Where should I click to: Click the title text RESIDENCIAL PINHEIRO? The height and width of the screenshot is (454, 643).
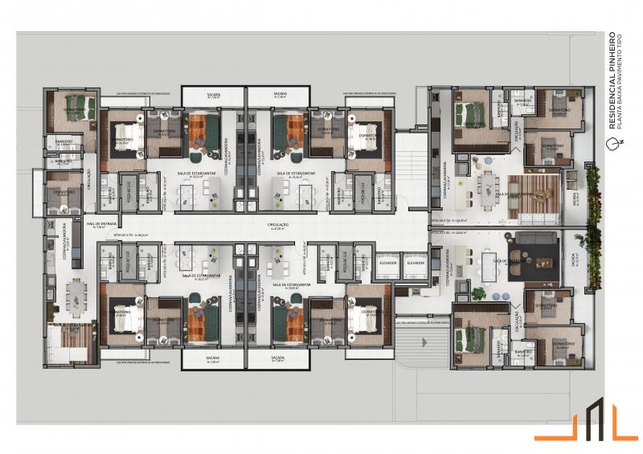[612, 80]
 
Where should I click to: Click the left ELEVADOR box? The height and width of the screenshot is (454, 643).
[387, 264]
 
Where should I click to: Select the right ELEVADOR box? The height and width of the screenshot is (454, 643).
[415, 264]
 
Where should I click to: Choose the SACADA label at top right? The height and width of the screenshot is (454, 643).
[280, 96]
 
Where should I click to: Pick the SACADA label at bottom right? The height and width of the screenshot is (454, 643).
[278, 358]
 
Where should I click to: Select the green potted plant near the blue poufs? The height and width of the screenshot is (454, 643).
[479, 293]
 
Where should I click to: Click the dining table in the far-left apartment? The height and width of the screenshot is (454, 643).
[78, 292]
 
